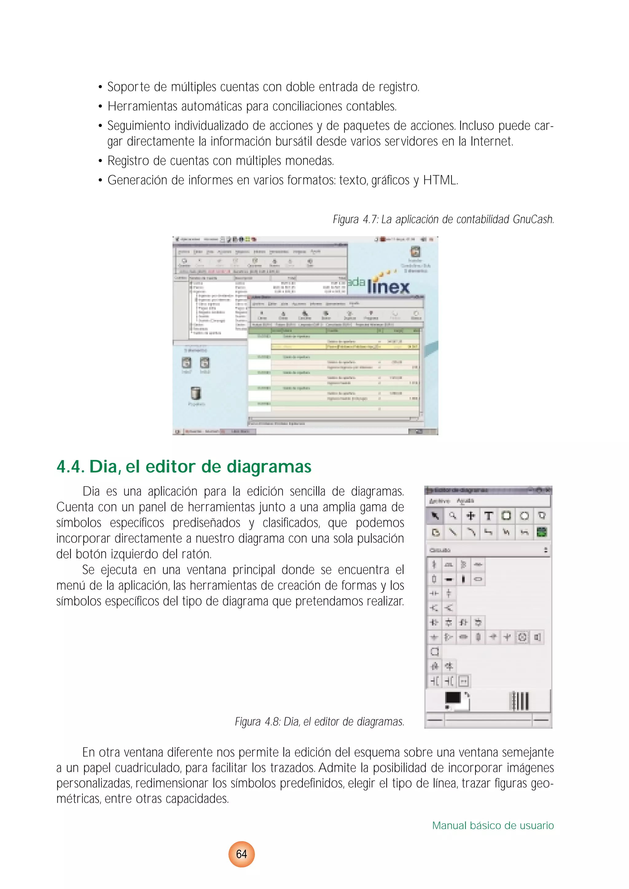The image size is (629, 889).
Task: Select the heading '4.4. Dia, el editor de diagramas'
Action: tap(184, 466)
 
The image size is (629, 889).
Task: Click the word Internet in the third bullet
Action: tap(491, 141)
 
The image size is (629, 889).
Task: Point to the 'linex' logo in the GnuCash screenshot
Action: tap(388, 287)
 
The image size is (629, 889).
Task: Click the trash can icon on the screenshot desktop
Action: tap(196, 393)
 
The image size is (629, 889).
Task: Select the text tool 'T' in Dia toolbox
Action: tap(488, 516)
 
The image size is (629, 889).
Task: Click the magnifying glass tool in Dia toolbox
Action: tap(452, 516)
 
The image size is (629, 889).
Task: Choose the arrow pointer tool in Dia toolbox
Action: tap(435, 516)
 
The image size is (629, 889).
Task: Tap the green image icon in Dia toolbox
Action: tap(541, 532)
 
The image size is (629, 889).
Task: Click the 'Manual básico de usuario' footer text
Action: tap(493, 825)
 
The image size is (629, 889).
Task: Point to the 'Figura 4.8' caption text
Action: tap(319, 722)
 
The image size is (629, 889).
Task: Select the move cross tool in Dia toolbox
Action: tap(470, 516)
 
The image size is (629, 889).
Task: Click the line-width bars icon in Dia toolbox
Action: tap(519, 700)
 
